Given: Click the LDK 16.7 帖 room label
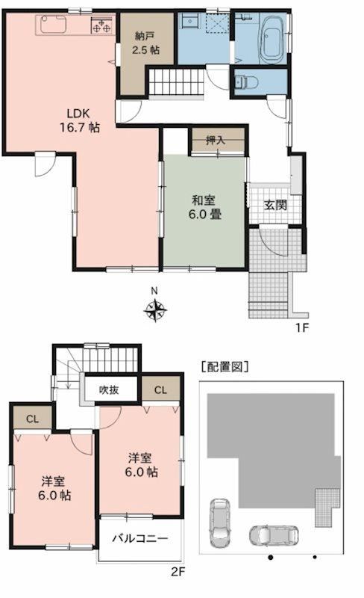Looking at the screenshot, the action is click(79, 120).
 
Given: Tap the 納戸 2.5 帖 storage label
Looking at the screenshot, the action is click(146, 43).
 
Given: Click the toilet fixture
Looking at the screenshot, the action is click(245, 82).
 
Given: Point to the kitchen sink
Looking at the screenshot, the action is click(53, 24).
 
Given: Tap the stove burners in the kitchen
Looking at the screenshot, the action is click(102, 25).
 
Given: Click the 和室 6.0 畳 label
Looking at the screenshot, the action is click(204, 207).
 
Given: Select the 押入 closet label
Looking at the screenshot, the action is click(216, 141).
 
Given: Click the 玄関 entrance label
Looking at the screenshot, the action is click(275, 205).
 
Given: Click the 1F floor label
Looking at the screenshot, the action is click(301, 327).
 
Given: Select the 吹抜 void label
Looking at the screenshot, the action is click(109, 389).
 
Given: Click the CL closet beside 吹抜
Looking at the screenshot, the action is click(160, 389).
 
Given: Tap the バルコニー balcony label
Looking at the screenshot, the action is click(139, 538).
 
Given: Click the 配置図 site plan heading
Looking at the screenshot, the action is click(225, 367).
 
